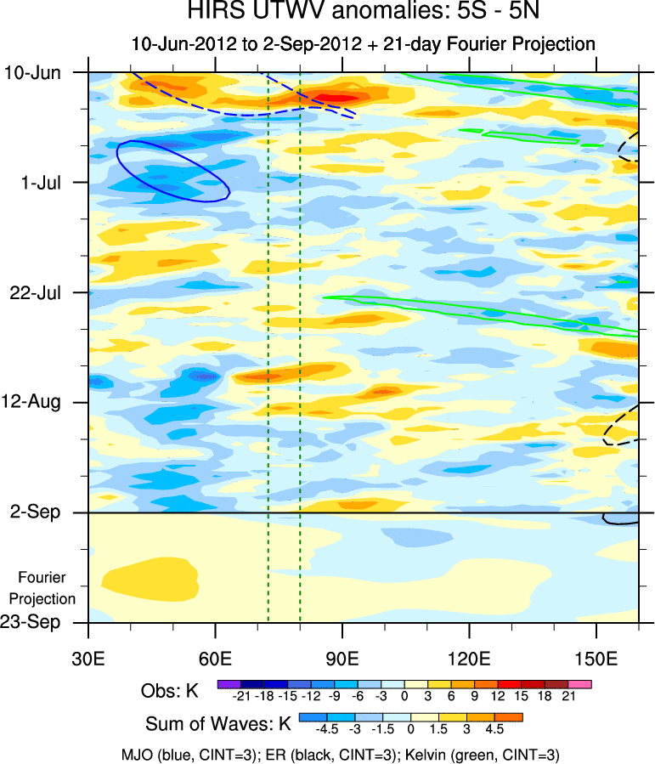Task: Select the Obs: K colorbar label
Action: coord(170,691)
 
